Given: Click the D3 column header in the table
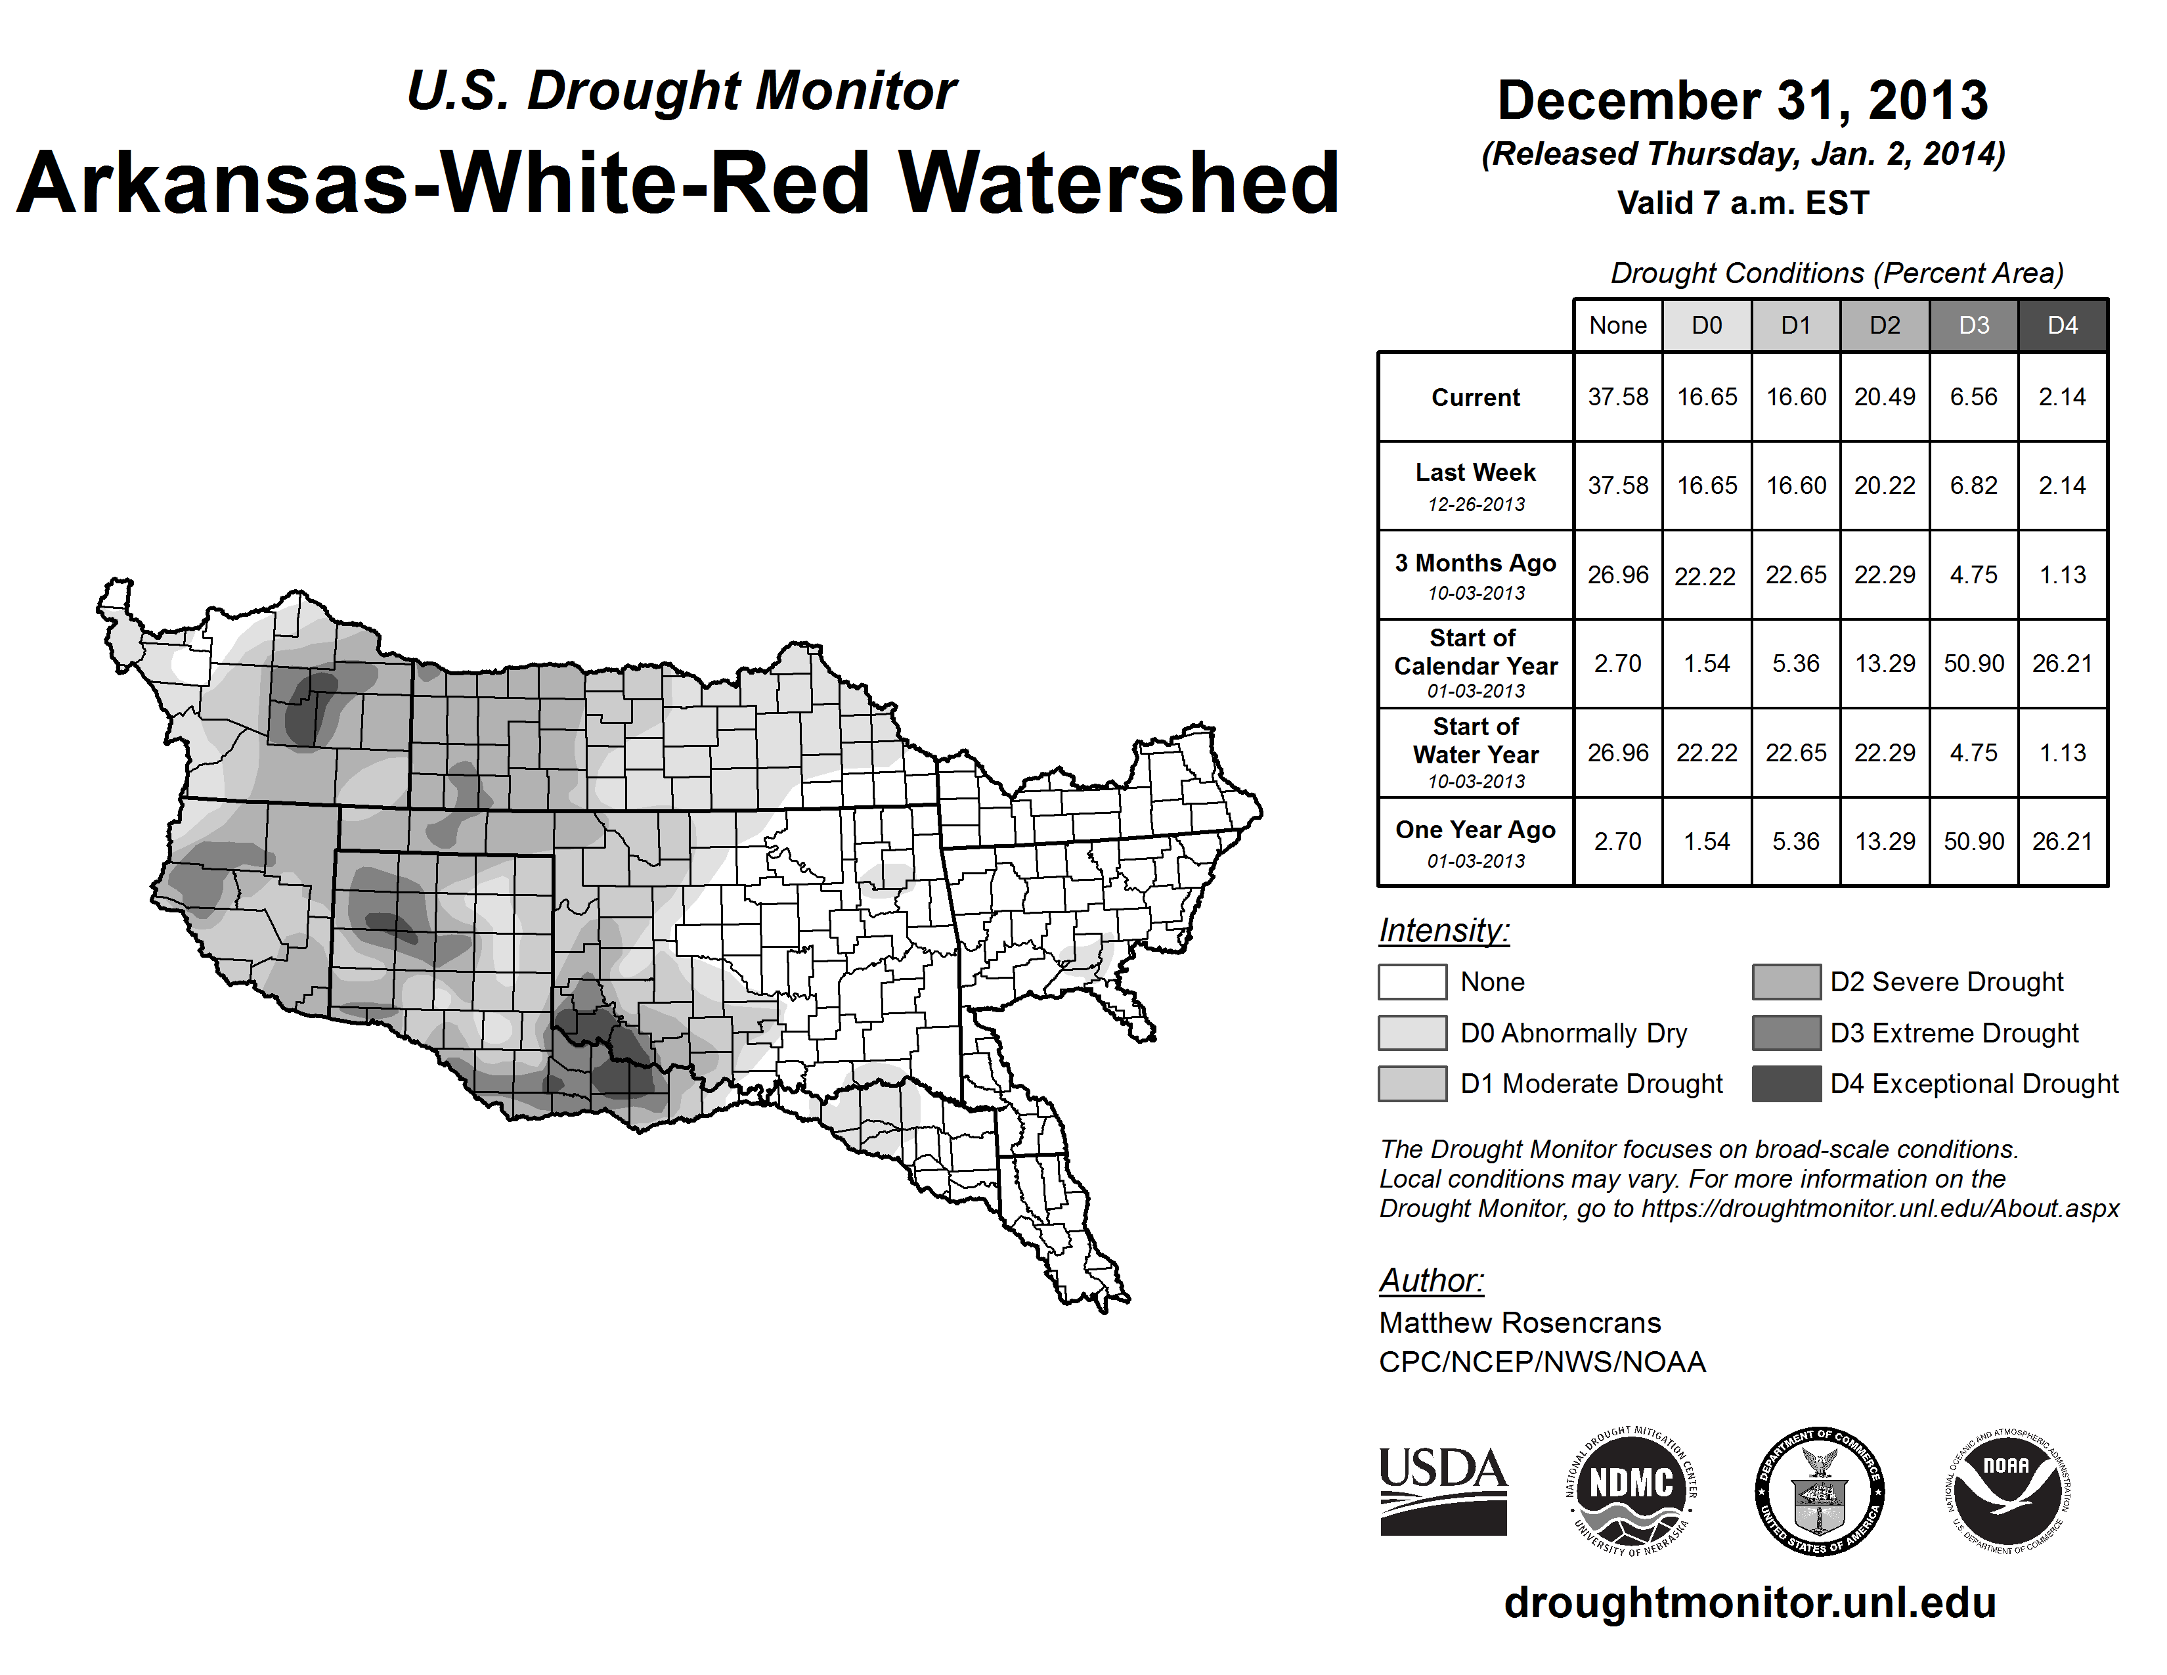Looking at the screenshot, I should pyautogui.click(x=1973, y=325).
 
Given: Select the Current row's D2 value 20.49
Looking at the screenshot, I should pyautogui.click(x=1884, y=397).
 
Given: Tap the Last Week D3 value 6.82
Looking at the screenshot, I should pyautogui.click(x=1973, y=485).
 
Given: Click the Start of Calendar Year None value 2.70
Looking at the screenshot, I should pyautogui.click(x=1617, y=663).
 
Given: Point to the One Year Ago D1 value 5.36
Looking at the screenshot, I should pyautogui.click(x=1796, y=841).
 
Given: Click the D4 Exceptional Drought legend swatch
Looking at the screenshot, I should pyautogui.click(x=1786, y=1084).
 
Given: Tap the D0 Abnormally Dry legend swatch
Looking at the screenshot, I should pyautogui.click(x=1412, y=1032).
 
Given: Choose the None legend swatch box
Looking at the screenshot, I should pyautogui.click(x=1412, y=981).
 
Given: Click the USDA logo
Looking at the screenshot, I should pyautogui.click(x=1443, y=1490).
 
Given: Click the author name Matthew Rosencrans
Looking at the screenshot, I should pyautogui.click(x=1519, y=1323).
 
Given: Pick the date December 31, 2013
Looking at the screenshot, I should pyautogui.click(x=1742, y=101).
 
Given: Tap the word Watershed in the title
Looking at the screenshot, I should pyautogui.click(x=1118, y=183).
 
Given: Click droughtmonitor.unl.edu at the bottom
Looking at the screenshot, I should pyautogui.click(x=1749, y=1603).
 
